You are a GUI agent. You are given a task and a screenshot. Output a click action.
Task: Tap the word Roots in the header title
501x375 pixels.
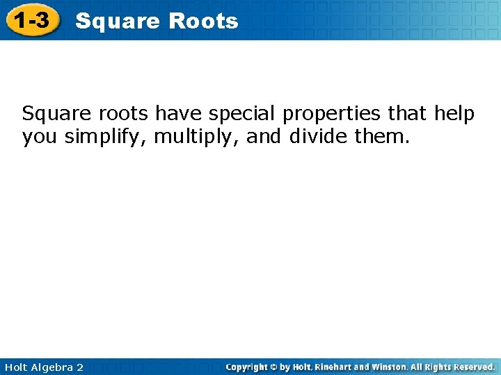(203, 22)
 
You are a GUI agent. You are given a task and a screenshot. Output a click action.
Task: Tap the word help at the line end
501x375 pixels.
(454, 112)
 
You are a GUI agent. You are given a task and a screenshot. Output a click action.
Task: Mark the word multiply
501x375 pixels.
(197, 137)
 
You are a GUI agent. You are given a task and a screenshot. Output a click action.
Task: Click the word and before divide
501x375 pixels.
(264, 137)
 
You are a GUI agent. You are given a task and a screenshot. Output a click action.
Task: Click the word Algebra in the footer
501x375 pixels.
(51, 367)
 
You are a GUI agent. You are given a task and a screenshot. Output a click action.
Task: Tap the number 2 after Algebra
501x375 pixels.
(79, 367)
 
